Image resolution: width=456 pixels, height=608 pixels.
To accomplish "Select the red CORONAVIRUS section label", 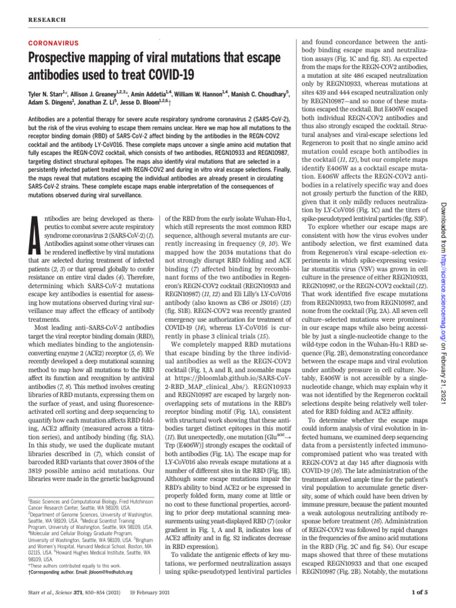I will pyautogui.click(x=53, y=44).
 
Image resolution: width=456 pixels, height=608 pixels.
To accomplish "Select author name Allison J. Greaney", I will pyautogui.click(x=94, y=94).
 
